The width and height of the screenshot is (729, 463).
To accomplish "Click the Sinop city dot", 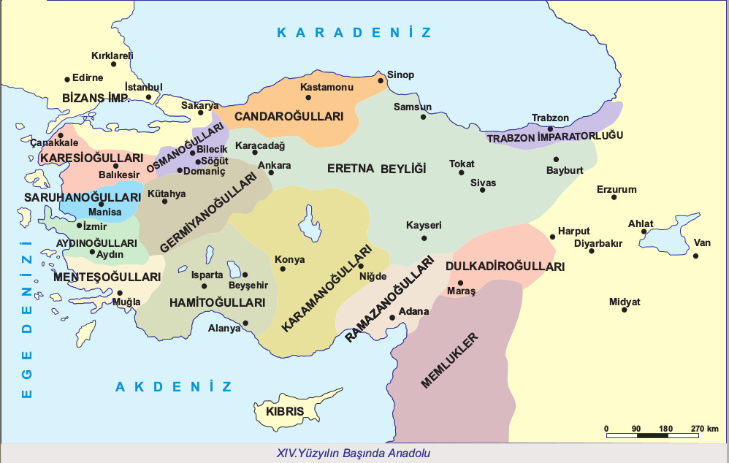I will point(381,81).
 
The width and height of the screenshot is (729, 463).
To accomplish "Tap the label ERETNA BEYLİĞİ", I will point(375,169).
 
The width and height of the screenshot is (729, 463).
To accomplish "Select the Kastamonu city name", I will point(327,87).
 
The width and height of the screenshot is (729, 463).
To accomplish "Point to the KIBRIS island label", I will point(285,412).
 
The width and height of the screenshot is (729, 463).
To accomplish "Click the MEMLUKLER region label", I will point(450,360).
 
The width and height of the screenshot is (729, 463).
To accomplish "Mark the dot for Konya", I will point(283,269).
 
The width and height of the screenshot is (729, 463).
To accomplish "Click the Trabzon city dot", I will point(551,129).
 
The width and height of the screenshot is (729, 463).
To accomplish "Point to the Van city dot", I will point(696,256).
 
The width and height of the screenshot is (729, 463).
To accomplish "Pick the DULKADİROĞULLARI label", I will point(505,267).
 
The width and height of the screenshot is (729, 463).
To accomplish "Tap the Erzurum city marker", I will point(614,197).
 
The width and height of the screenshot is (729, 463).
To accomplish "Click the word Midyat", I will point(624,302).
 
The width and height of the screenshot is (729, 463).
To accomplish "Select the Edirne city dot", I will point(67,79).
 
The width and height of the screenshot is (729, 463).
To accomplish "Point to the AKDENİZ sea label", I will point(174,386).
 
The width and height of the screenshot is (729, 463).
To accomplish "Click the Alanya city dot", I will point(245,323).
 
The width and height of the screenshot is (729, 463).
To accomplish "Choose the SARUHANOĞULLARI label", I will point(83,198).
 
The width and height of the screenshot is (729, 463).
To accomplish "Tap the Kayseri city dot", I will point(424,237).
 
